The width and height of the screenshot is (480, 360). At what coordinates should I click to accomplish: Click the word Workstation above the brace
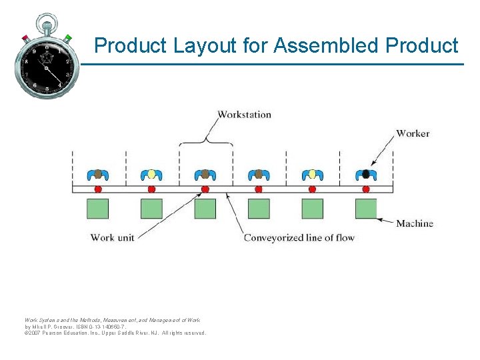tap(245, 115)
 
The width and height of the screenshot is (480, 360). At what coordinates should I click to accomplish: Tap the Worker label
tap(413, 133)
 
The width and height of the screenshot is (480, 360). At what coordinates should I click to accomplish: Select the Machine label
tap(415, 223)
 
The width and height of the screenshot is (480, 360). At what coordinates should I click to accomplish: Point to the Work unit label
tap(111, 237)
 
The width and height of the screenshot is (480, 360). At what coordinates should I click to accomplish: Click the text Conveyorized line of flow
tap(299, 237)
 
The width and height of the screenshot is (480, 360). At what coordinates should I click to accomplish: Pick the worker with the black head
tap(365, 175)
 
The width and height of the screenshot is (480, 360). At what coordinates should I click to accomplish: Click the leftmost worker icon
tap(98, 175)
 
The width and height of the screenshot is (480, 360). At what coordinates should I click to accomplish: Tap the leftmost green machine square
tap(98, 208)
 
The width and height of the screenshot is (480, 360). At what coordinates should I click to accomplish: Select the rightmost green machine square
tap(365, 208)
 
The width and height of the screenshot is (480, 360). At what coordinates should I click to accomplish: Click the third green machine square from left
tap(205, 208)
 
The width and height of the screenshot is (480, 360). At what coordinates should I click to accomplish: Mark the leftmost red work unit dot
tap(98, 189)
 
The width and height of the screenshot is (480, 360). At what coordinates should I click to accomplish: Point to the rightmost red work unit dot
tap(365, 189)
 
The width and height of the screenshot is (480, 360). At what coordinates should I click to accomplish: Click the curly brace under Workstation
tap(206, 139)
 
